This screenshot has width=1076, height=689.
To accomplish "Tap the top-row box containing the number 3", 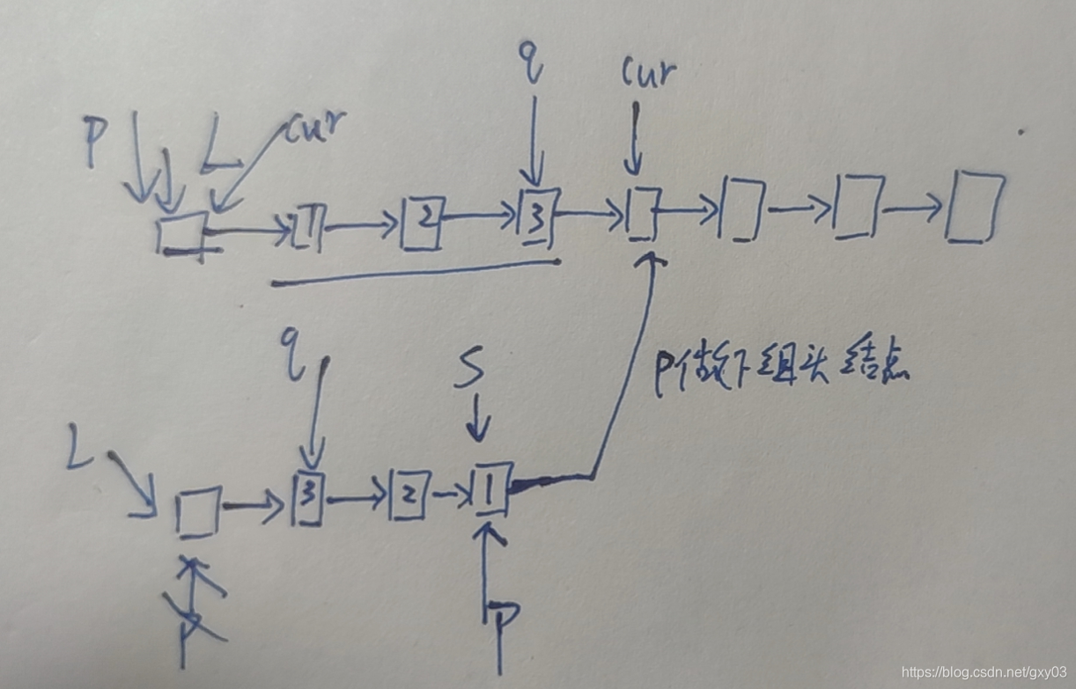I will (x=537, y=218).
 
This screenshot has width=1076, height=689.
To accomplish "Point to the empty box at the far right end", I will (x=974, y=208).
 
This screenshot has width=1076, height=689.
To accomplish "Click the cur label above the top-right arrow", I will (x=649, y=73).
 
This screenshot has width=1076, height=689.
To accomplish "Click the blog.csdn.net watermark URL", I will (x=984, y=671).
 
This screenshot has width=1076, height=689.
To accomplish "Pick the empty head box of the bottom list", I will (x=197, y=513).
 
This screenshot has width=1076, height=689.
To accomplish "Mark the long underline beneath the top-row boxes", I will (x=414, y=273).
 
